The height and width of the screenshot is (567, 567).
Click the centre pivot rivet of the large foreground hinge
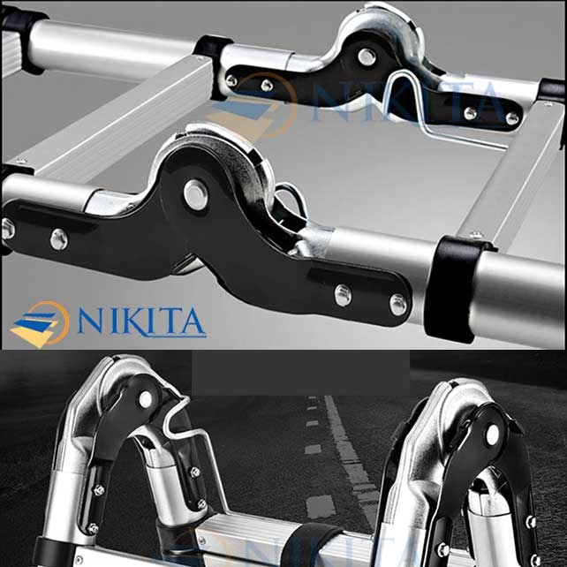pyautogui.click(x=196, y=194)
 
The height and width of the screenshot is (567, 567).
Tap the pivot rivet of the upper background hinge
pyautogui.click(x=367, y=57)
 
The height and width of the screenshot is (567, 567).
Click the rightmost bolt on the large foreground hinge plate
pyautogui.click(x=398, y=305)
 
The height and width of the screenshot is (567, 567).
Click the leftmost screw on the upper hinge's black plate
pyautogui.click(x=231, y=80)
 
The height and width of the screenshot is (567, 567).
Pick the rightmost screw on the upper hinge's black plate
pyautogui.click(x=511, y=117)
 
